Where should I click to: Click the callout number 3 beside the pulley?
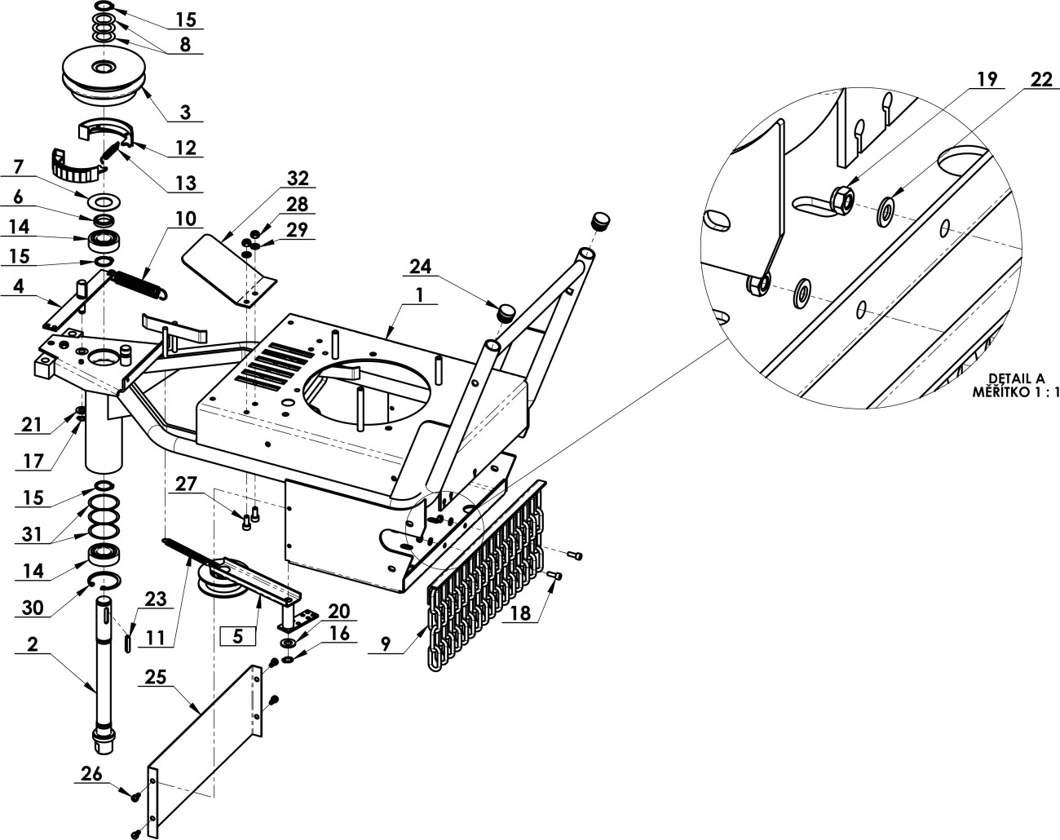[x=185, y=113]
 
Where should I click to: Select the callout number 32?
[x=298, y=179]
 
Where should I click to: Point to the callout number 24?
[x=420, y=267]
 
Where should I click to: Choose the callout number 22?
[x=1042, y=79]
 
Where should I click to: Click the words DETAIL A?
[x=1017, y=378]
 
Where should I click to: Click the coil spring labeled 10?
[x=139, y=285]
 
